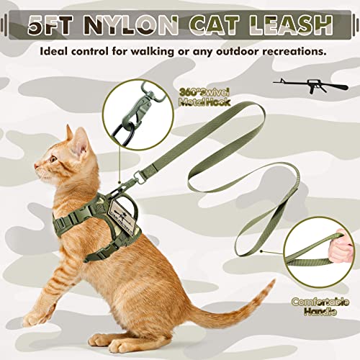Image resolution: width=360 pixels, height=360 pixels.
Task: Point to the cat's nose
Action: (x=37, y=168)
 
